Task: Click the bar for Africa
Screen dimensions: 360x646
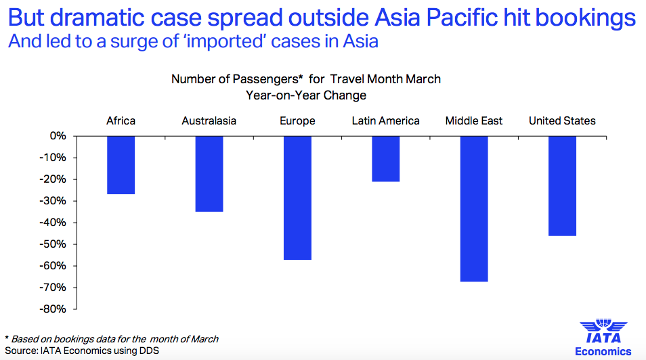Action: click(121, 165)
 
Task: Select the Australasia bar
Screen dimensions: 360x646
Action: click(209, 174)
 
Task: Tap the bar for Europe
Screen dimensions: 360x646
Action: click(297, 198)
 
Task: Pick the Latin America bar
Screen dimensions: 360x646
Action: click(385, 159)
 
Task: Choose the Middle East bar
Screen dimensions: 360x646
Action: click(474, 208)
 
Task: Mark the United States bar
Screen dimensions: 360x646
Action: click(562, 186)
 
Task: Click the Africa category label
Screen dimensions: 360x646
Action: click(121, 121)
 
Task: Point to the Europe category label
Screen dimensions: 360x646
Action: click(297, 121)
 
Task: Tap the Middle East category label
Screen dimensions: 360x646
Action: click(474, 121)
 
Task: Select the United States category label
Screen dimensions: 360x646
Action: click(562, 121)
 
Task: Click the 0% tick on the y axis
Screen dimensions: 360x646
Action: click(58, 136)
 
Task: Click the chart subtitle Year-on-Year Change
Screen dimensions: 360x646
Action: click(306, 95)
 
